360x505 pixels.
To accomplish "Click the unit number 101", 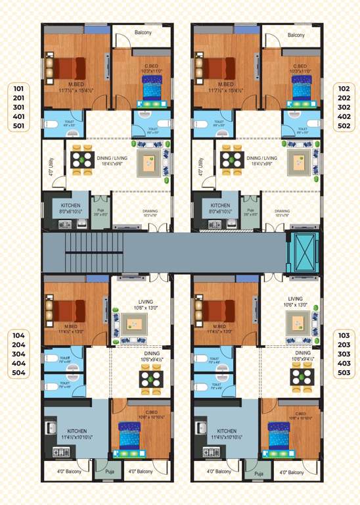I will [18, 87].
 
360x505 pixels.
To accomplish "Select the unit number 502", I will [343, 126].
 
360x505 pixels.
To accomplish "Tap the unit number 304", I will [18, 354].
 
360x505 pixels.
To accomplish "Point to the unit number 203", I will [343, 345].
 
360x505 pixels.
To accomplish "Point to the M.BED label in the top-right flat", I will [225, 85].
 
